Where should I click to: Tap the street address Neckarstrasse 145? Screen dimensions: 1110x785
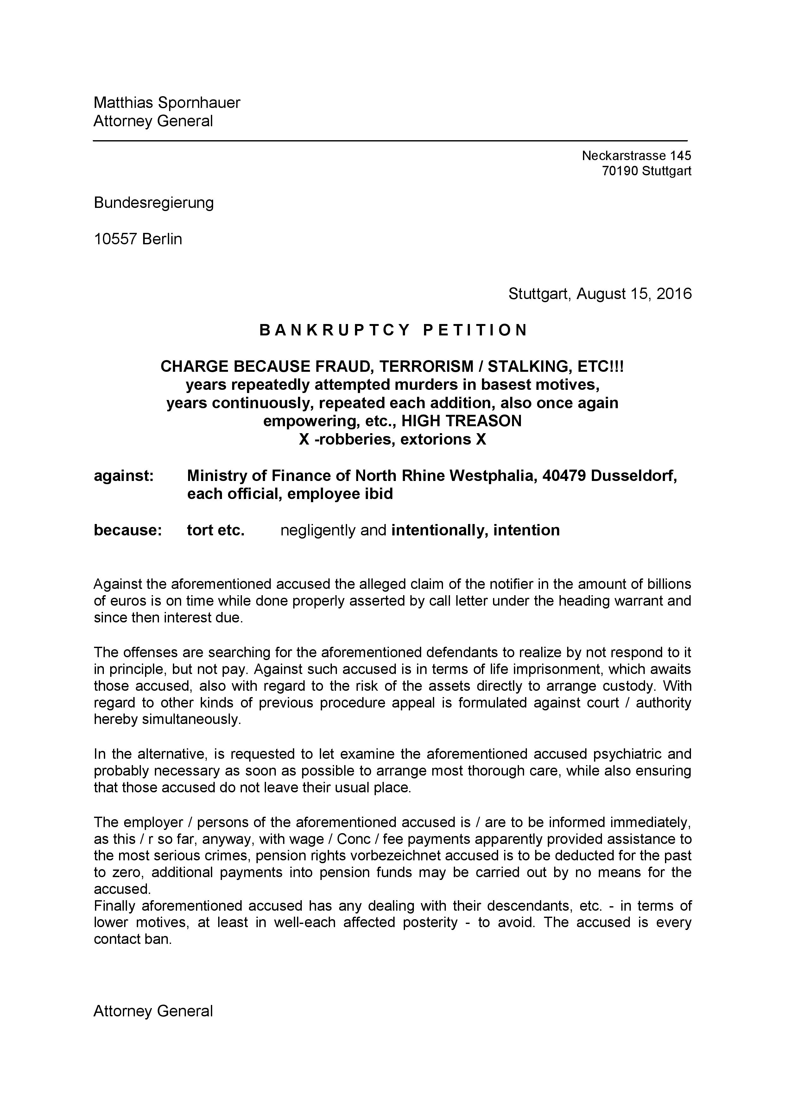pos(636,156)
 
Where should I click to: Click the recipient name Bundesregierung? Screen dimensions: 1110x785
pos(154,203)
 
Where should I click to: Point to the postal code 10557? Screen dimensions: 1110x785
pos(116,239)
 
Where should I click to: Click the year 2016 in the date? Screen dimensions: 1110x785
pos(674,294)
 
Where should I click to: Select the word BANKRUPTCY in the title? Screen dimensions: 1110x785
pos(335,330)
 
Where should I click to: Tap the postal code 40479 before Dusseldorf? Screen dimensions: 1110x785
pos(564,476)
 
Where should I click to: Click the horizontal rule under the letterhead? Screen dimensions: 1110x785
pos(390,141)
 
